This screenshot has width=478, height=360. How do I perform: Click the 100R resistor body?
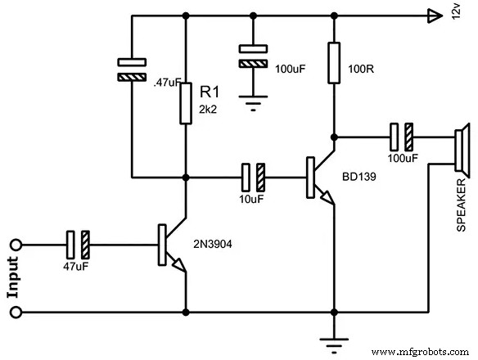tap(334, 63)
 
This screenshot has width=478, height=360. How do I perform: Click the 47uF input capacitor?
tap(78, 244)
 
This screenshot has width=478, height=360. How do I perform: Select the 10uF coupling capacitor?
tap(253, 176)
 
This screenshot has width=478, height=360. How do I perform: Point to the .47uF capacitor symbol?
tap(130, 70)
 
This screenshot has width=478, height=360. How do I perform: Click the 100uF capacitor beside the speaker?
tap(402, 135)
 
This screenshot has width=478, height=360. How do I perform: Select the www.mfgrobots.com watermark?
tap(422, 351)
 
